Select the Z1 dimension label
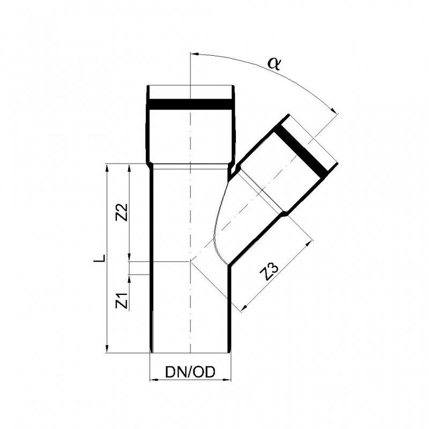click(123, 301)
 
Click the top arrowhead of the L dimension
click(108, 168)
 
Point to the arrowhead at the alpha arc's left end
click(194, 55)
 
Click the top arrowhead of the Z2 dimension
click(129, 168)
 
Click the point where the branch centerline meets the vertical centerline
click(190, 261)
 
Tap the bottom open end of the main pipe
click(190, 352)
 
